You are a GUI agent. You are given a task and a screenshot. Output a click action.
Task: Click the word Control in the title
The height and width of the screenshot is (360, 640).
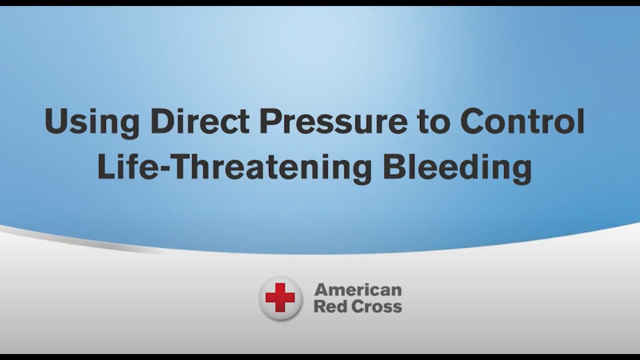pos(522,121)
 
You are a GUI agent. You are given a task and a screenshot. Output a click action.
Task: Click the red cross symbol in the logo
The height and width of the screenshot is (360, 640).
pos(280,298)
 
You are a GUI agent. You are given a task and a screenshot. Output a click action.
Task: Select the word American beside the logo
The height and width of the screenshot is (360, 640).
pos(357,289)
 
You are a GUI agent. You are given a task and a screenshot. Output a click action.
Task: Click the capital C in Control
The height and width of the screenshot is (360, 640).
pos(473,121)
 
